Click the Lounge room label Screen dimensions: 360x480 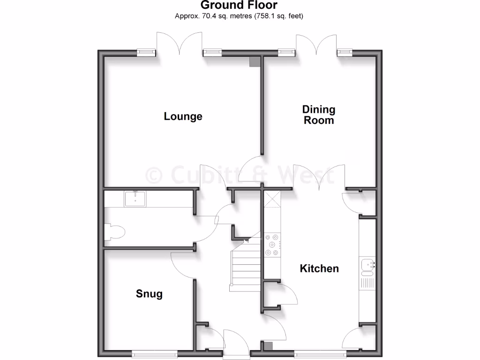[x=183, y=116]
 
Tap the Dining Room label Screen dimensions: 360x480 [x=319, y=115]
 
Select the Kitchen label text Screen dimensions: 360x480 [x=319, y=269]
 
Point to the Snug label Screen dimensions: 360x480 [x=149, y=294]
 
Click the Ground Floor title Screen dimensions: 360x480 [x=239, y=6]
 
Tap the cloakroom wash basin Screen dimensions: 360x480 [x=136, y=199]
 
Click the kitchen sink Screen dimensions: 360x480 [x=368, y=266]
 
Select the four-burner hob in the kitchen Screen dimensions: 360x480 [x=272, y=245]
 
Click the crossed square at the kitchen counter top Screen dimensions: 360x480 [x=272, y=199]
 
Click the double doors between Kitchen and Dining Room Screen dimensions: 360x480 [x=319, y=178]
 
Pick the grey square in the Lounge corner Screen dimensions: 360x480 [x=255, y=62]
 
